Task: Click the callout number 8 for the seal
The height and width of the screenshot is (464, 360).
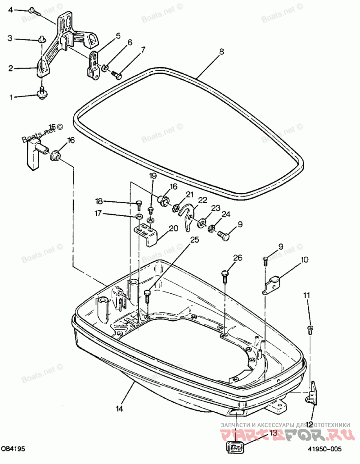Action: coord(221,52)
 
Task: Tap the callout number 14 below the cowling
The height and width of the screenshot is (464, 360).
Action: coord(119,409)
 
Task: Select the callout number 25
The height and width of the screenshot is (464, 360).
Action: coord(194,241)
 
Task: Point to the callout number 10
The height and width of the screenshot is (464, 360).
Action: coord(305,259)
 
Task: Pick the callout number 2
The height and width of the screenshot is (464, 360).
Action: coord(10,68)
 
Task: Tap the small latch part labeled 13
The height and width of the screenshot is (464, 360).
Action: coord(234,448)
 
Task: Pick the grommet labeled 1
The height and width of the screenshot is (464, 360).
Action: coord(42,94)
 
